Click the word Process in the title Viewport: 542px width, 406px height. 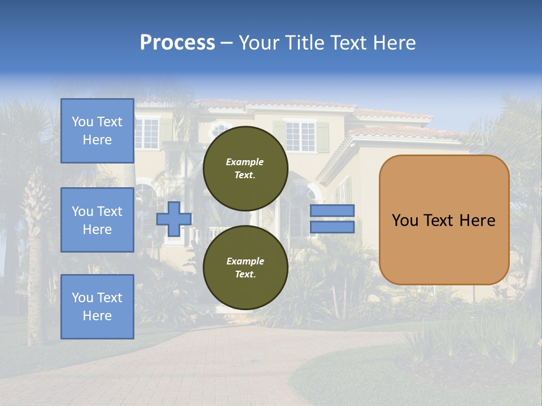pyautogui.click(x=177, y=43)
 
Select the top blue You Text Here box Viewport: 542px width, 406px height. pyautogui.click(x=97, y=131)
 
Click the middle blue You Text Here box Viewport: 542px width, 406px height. pyautogui.click(x=97, y=220)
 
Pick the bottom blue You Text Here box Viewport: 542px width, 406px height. pyautogui.click(x=97, y=307)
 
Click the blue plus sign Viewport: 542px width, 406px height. pyautogui.click(x=173, y=219)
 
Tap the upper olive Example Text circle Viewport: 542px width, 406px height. pyautogui.click(x=245, y=169)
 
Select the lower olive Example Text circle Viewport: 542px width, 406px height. pyautogui.click(x=245, y=268)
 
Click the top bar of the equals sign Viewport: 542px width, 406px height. pyautogui.click(x=333, y=211)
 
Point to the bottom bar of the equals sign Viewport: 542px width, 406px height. pyautogui.click(x=333, y=227)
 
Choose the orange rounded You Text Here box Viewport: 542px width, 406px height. pyautogui.click(x=444, y=220)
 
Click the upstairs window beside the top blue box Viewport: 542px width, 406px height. pyautogui.click(x=147, y=133)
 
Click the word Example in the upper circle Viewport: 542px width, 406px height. pyautogui.click(x=245, y=162)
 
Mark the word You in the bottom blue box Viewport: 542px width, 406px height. pyautogui.click(x=82, y=298)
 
